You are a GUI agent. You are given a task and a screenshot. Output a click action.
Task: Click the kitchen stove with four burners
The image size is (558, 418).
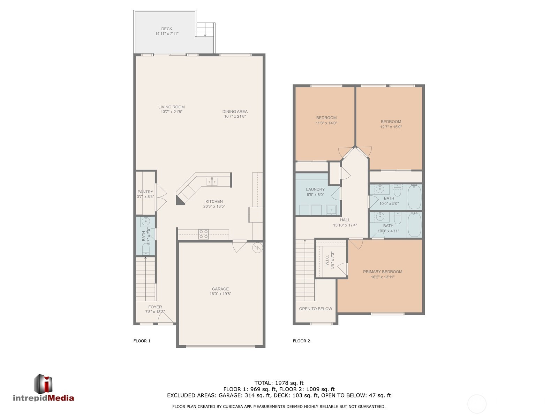[x=203, y=234]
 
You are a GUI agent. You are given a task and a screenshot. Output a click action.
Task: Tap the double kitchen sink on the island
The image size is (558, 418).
[x=212, y=181]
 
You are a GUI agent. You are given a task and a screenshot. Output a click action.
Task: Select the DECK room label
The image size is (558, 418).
[x=166, y=29]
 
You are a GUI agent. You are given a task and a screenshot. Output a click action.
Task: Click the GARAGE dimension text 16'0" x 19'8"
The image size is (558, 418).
[x=220, y=294]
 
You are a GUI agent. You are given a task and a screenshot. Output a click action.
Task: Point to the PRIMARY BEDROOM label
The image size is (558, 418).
[x=382, y=272]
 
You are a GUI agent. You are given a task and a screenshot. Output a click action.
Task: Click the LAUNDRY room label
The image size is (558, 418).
[x=315, y=189]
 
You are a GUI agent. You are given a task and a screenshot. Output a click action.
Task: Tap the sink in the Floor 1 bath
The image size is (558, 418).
[x=146, y=222]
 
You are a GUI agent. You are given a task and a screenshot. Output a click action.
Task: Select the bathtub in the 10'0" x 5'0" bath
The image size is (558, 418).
[x=414, y=197]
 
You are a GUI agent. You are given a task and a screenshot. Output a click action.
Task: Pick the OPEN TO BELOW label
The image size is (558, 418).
[x=316, y=309]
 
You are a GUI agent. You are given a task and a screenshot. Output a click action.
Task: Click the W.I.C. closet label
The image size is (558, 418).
[x=327, y=260]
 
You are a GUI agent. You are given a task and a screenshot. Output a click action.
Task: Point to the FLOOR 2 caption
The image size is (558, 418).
[x=301, y=341]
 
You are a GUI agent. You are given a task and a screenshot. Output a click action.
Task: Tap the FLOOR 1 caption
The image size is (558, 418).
[x=142, y=341]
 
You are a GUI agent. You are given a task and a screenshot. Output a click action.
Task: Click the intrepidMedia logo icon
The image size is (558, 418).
[x=43, y=384]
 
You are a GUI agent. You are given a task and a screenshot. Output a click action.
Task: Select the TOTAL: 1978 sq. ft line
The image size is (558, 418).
[x=279, y=383]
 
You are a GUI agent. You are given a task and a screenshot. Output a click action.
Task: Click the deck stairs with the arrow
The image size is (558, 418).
[x=205, y=30]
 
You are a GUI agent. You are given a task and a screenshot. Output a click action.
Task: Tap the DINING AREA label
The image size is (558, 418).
[x=235, y=111]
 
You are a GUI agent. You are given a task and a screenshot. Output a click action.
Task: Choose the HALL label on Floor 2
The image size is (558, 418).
[x=345, y=220]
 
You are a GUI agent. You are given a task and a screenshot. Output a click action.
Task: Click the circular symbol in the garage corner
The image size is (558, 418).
[x=257, y=247]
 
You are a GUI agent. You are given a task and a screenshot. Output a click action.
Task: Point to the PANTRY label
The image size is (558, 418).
[x=145, y=192]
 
